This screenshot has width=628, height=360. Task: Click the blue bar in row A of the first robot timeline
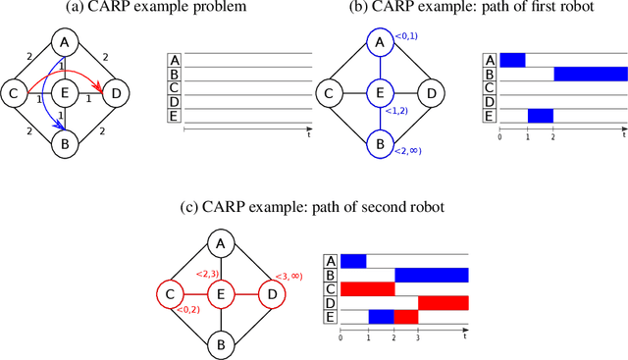(x=512, y=61)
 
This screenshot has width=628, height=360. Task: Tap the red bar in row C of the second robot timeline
(x=367, y=288)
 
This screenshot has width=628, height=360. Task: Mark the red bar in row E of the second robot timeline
(x=406, y=316)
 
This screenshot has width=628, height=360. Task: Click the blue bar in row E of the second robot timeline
(x=381, y=316)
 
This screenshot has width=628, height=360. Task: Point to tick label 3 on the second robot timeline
(x=419, y=335)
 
